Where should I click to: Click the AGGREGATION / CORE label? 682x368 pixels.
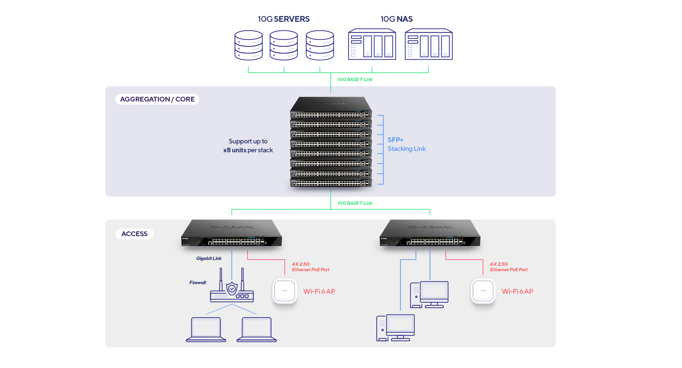(157, 99)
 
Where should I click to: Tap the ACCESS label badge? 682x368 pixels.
(134, 234)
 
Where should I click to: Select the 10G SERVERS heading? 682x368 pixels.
(284, 19)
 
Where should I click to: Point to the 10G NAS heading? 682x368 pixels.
(397, 19)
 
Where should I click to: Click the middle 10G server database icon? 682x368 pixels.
(284, 45)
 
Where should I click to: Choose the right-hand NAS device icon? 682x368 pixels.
(429, 45)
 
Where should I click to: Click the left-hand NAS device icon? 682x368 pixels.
(372, 45)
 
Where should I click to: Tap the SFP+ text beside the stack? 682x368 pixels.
(396, 140)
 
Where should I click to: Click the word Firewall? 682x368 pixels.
(197, 282)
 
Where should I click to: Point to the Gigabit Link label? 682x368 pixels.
(209, 258)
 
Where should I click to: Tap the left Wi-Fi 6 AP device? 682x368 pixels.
(285, 291)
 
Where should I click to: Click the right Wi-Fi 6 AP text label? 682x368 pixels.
(517, 291)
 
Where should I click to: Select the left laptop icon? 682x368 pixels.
(206, 329)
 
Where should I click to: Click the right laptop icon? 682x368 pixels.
(257, 329)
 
